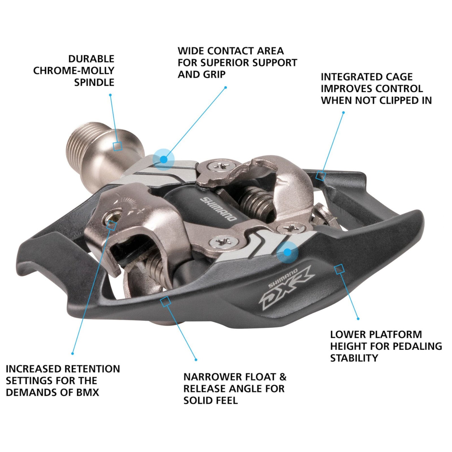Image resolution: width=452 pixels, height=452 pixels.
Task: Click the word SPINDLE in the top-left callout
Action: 94,82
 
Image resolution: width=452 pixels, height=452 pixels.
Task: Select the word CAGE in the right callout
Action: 398,77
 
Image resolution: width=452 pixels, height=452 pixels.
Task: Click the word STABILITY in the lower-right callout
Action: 354,358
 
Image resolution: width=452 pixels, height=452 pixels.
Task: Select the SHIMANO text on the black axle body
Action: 218,209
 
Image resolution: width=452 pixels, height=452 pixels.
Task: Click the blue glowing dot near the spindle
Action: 163,160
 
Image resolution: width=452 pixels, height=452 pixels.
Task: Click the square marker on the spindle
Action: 117,146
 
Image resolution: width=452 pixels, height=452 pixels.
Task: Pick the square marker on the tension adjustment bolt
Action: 112,225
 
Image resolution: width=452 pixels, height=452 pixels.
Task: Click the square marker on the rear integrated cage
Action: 320,175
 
